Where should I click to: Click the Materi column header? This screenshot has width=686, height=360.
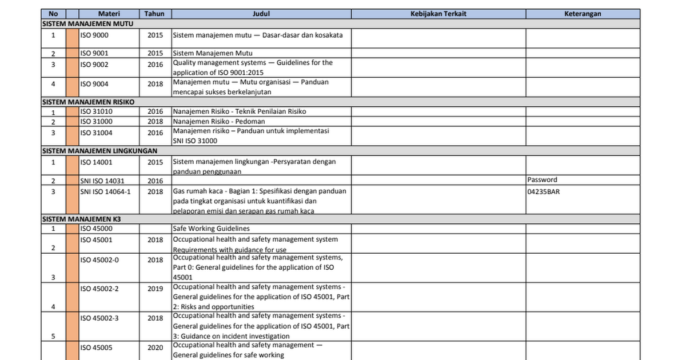click(109, 14)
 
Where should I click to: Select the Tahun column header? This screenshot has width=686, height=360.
click(155, 14)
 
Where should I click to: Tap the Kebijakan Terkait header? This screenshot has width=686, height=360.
click(438, 14)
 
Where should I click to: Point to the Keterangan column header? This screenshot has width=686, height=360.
click(583, 14)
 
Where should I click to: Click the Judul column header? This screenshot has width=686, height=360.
click(261, 14)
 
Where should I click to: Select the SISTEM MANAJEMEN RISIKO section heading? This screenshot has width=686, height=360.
click(89, 102)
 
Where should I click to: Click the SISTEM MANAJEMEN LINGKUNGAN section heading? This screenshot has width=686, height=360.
click(100, 151)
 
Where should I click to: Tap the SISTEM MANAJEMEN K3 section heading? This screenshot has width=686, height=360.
click(81, 219)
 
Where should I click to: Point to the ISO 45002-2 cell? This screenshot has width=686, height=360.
click(99, 289)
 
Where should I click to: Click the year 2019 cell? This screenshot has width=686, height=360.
click(155, 289)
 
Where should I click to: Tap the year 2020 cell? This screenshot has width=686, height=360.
click(155, 347)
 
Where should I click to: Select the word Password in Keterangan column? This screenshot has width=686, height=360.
click(542, 180)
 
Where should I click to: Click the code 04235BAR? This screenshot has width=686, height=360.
click(544, 192)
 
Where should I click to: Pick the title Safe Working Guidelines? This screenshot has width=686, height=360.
click(211, 229)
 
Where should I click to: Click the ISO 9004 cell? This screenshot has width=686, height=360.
click(94, 84)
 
